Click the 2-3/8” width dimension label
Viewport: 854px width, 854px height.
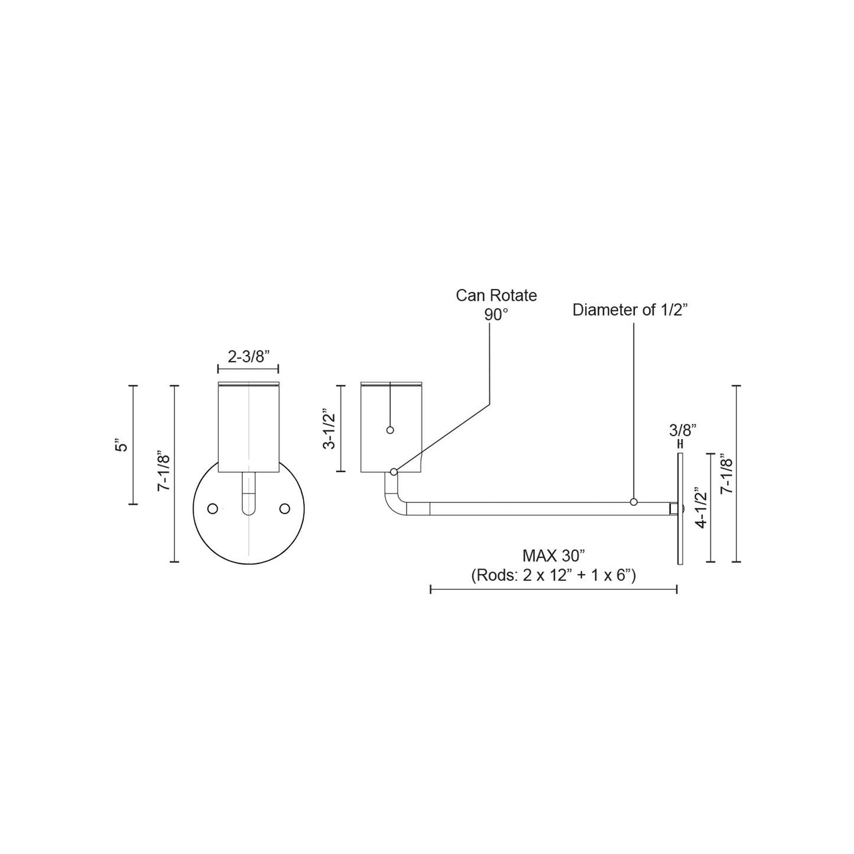click(248, 356)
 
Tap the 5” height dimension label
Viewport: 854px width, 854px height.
click(122, 445)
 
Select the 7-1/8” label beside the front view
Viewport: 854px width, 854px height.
click(164, 473)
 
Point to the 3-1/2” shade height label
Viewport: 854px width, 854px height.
click(329, 428)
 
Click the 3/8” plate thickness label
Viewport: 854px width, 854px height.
click(683, 430)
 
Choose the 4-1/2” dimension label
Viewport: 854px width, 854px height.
click(700, 507)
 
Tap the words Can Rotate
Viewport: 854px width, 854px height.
click(496, 296)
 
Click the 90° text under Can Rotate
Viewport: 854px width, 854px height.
click(496, 315)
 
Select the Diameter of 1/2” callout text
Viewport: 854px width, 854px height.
click(631, 310)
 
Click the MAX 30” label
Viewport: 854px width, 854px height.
click(553, 556)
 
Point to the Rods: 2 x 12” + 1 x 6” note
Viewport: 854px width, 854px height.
click(553, 575)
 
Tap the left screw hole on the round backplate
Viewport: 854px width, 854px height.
click(213, 508)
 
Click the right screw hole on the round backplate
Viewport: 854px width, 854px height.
click(284, 508)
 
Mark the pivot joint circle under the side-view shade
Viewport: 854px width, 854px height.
click(394, 472)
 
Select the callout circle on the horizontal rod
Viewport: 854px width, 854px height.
click(634, 502)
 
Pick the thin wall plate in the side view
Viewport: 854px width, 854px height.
click(680, 509)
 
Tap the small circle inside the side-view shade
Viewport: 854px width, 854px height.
click(390, 430)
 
